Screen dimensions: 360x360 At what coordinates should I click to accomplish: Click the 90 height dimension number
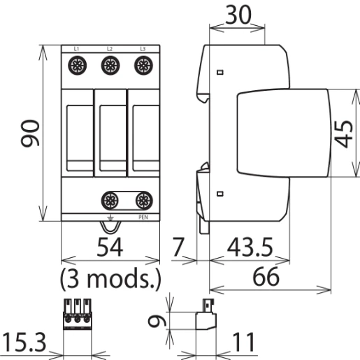[x=30, y=133]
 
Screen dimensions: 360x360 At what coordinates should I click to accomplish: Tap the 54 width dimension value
[x=110, y=247]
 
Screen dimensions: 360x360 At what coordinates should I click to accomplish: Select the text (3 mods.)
[x=110, y=278]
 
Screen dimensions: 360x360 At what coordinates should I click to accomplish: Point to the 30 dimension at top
[x=238, y=15]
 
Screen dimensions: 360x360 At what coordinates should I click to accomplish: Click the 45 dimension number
[x=343, y=134]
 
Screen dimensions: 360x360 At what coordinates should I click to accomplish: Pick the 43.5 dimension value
[x=250, y=247]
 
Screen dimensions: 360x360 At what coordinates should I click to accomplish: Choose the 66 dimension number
[x=266, y=277]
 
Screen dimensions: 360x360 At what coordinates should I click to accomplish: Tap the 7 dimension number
[x=178, y=247]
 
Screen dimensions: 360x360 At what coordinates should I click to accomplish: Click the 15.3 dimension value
[x=24, y=342]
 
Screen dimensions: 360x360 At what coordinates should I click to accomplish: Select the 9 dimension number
[x=157, y=321]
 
